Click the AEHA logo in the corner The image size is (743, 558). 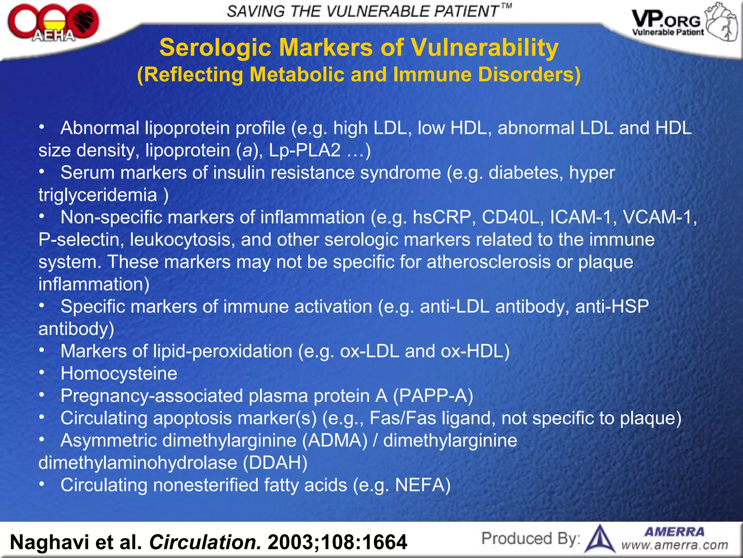coord(53,23)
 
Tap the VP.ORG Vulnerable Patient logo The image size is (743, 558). coord(684,23)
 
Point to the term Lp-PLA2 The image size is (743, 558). coord(304,150)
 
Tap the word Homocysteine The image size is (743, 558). coord(119,373)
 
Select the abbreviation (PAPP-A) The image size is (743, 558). coord(433,396)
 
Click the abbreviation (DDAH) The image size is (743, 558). coord(275,463)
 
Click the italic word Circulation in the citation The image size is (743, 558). coord(205,542)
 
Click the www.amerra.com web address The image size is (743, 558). coord(674,545)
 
